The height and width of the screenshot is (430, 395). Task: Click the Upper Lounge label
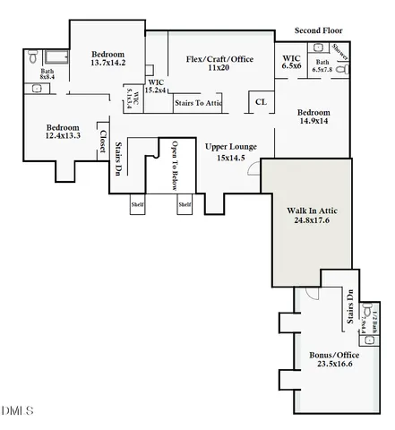coord(231,146)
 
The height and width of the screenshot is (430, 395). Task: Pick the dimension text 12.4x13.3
coord(64,136)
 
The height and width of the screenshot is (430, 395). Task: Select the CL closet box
coord(261,101)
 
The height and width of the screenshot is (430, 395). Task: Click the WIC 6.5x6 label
coord(291,61)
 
